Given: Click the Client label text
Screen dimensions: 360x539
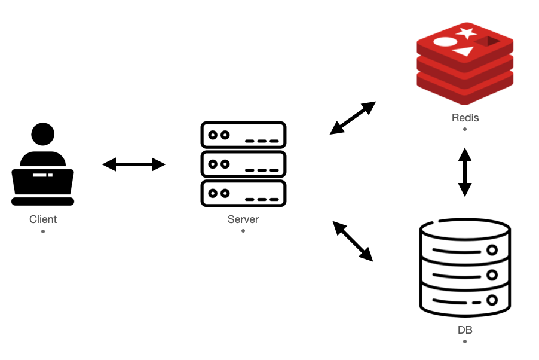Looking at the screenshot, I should [x=43, y=219].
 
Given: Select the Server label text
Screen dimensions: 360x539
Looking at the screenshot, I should [x=243, y=219].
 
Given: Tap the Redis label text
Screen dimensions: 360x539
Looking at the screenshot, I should [x=465, y=117].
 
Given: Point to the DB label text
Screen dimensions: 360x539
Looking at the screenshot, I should [x=464, y=330].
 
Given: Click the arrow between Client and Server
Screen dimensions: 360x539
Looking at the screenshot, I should [x=134, y=164].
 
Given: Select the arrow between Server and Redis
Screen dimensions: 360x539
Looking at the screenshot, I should [x=353, y=118].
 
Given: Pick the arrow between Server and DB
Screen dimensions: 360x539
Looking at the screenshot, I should [x=353, y=241].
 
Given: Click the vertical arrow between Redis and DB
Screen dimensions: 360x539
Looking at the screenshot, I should [x=465, y=172].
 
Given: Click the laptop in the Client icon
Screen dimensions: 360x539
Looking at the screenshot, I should [x=42, y=186].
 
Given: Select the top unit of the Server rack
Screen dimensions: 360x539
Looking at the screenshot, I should [x=243, y=135].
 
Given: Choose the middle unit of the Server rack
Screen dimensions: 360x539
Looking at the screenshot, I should [x=243, y=164].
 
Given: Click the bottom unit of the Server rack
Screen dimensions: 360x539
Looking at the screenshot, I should [x=243, y=193].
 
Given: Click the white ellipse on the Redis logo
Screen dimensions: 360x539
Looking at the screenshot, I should [x=445, y=42].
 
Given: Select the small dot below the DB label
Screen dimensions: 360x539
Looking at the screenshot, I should [x=464, y=341].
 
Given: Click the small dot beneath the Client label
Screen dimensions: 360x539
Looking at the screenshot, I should [x=43, y=231].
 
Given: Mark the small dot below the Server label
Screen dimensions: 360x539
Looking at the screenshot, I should [x=243, y=231].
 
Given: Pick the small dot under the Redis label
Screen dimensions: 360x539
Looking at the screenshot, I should [x=465, y=129].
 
